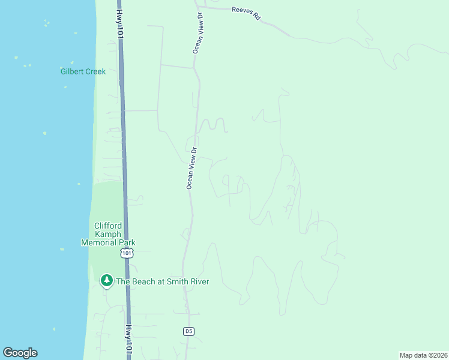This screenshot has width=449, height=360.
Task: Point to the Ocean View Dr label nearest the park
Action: (191, 169)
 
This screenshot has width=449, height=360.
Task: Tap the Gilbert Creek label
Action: (83, 71)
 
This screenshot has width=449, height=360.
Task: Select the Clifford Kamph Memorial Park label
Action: (108, 234)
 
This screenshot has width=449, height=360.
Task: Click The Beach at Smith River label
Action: (162, 281)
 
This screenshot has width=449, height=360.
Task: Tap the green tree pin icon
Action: (107, 280)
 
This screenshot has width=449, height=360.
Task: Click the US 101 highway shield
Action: (126, 253)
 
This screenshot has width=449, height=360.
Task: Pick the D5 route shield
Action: (189, 331)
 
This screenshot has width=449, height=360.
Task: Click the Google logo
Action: (20, 353)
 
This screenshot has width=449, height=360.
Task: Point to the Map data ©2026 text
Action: (423, 355)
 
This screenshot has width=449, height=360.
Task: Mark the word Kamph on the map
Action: (109, 234)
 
